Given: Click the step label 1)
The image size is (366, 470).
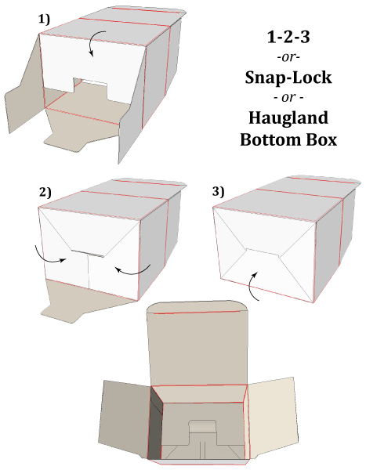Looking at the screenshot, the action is (44, 20).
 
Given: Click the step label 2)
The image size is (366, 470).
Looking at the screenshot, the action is (45, 193).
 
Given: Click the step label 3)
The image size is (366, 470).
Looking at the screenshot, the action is (218, 192).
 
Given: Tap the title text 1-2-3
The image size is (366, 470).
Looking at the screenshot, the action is (288, 37).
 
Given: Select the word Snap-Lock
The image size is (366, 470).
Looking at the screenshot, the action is (288, 78).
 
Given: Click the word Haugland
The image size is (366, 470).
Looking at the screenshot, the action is (288, 118).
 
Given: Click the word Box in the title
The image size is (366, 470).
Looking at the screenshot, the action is (321, 139).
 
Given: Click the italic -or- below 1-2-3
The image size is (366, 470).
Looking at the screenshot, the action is (288, 57).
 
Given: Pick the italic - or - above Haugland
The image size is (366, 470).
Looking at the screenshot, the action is (288, 98).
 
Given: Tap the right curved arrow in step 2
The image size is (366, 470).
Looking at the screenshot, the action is (135, 272).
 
